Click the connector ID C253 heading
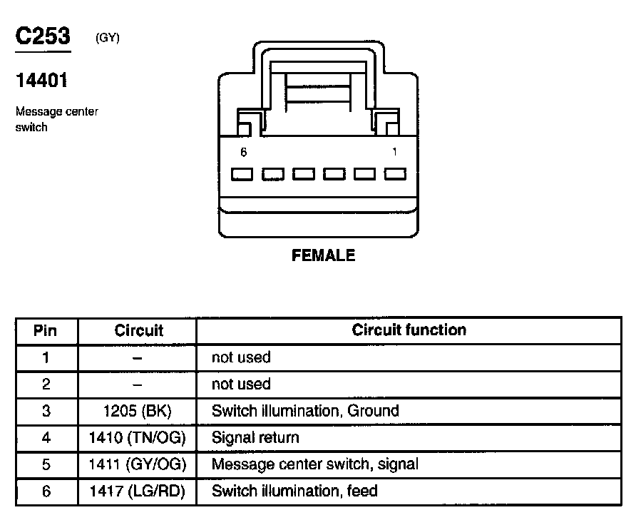pos(43,37)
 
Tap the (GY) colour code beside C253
pos(107,39)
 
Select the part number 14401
pos(41,81)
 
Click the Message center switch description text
pos(56,119)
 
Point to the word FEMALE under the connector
pos(323,255)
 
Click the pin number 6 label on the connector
pos(244,152)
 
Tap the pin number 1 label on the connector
pos(395,152)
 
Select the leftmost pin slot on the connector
pos(243,174)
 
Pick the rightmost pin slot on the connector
pos(395,174)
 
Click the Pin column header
pos(46,331)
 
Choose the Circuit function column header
pos(409,330)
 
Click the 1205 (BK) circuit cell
pos(137,411)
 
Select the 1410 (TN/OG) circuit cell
pos(137,438)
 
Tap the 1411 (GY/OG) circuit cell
pos(137,464)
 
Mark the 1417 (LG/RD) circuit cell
pos(137,491)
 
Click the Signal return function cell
pos(255,438)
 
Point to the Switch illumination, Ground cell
pos(305,411)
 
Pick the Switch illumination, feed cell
pos(294,491)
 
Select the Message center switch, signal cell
pos(314,464)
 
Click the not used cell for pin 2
pos(241,384)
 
